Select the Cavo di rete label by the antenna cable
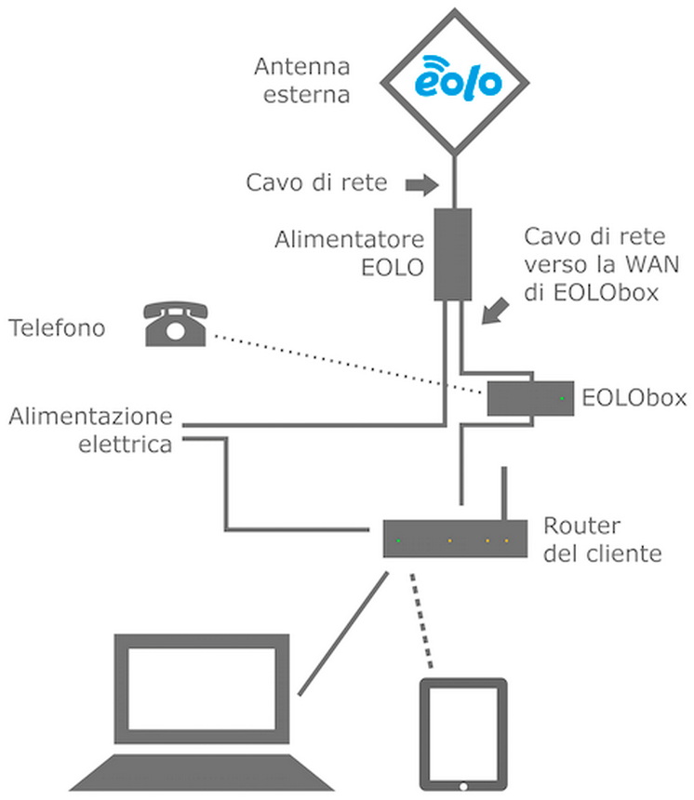(x=315, y=182)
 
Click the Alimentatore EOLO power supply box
(x=453, y=254)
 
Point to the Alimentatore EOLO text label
(x=351, y=254)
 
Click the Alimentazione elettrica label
(x=91, y=429)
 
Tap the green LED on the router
(x=398, y=540)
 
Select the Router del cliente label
(x=602, y=540)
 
